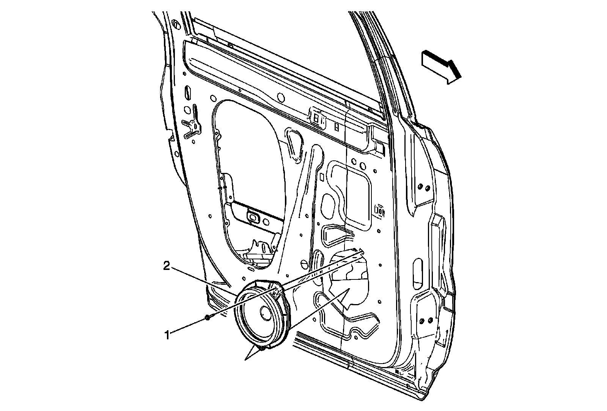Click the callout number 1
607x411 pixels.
pyautogui.click(x=166, y=334)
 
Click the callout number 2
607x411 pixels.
pyautogui.click(x=166, y=266)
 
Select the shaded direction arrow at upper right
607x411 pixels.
pyautogui.click(x=441, y=67)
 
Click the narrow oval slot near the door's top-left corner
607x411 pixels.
pyautogui.click(x=187, y=93)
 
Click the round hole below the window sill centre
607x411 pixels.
pyautogui.click(x=281, y=97)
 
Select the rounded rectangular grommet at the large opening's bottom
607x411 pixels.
pyautogui.click(x=252, y=216)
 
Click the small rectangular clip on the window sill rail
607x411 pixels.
pyautogui.click(x=316, y=118)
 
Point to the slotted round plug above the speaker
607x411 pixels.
pyautogui.click(x=303, y=264)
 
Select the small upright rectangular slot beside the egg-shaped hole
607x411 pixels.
pyautogui.click(x=322, y=177)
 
